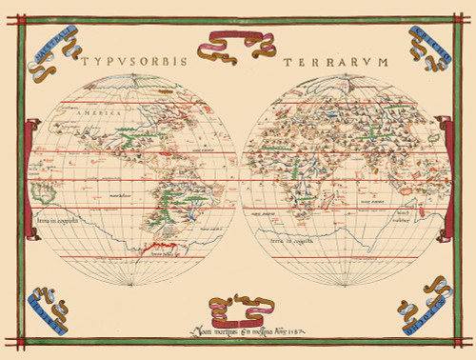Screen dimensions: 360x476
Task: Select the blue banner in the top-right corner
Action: [430, 42]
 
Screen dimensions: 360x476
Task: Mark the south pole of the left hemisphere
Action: [131, 288]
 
